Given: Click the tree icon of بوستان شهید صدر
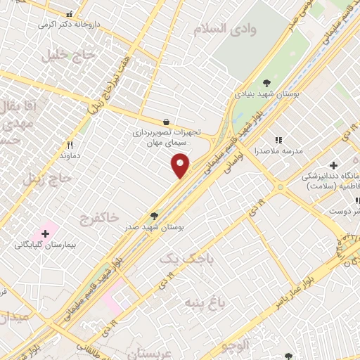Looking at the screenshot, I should pos(154,216).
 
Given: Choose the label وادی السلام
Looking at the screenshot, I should pos(235,29).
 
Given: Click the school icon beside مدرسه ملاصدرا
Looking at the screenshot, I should pos(278,141).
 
